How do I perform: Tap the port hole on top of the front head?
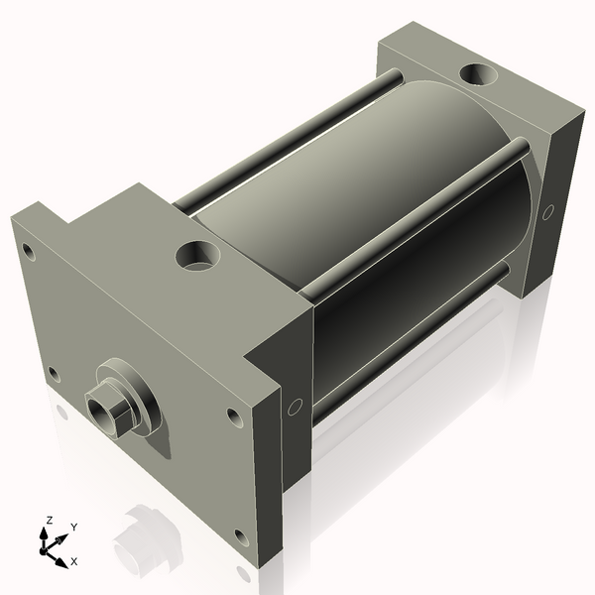click(198, 256)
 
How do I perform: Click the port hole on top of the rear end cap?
click(481, 74)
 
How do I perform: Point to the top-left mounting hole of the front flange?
click(29, 251)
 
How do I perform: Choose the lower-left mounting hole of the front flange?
click(53, 373)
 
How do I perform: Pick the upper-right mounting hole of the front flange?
click(233, 416)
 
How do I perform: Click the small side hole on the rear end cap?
click(548, 211)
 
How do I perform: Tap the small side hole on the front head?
click(295, 407)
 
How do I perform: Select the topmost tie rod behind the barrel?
click(288, 139)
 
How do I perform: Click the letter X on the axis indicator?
click(74, 561)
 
